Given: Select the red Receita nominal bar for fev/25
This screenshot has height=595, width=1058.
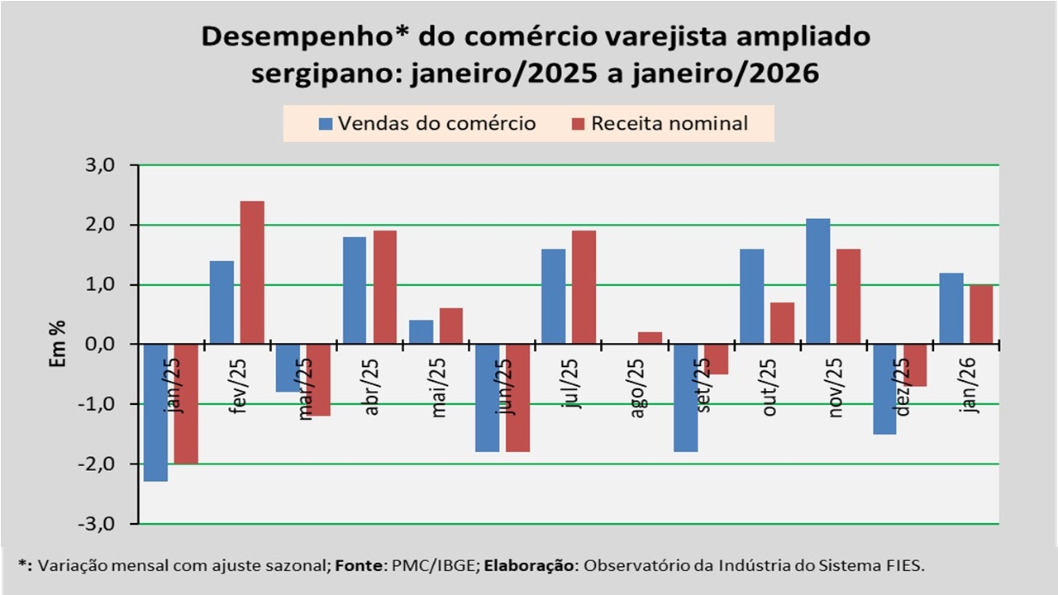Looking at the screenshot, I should pyautogui.click(x=252, y=272).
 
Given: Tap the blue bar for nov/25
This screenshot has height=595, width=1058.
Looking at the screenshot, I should pyautogui.click(x=817, y=281).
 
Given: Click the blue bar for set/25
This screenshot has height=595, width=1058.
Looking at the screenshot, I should pyautogui.click(x=685, y=397).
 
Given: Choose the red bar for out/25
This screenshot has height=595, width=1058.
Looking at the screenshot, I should pyautogui.click(x=782, y=323).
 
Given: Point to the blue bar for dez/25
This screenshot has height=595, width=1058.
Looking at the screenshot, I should pyautogui.click(x=884, y=388).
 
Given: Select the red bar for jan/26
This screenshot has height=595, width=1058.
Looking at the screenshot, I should pyautogui.click(x=980, y=314).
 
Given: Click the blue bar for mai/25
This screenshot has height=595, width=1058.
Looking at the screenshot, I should pyautogui.click(x=421, y=332).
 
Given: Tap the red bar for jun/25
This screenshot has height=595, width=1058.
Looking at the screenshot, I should pyautogui.click(x=517, y=397).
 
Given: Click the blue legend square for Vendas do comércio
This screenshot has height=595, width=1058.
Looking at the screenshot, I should pyautogui.click(x=326, y=124).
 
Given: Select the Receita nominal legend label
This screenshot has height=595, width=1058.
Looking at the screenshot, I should pyautogui.click(x=670, y=124).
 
